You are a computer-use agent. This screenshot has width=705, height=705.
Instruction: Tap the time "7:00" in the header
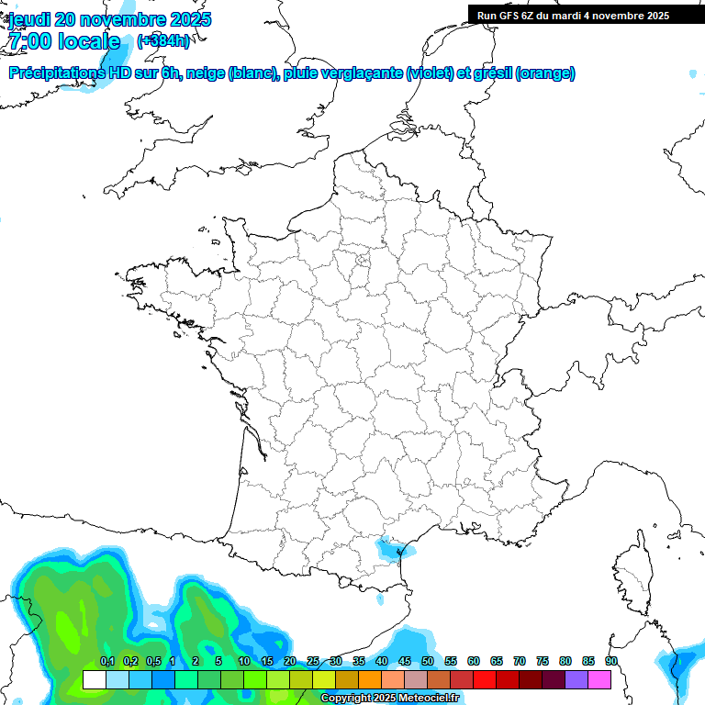pyautogui.click(x=30, y=41)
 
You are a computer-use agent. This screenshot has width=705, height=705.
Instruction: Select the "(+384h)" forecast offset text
pyautogui.click(x=163, y=41)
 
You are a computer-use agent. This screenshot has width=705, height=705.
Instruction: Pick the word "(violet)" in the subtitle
pyautogui.click(x=431, y=73)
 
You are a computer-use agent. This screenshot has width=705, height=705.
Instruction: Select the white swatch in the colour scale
pyautogui.click(x=94, y=679)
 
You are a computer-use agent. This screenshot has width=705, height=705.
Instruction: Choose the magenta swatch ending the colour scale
pyautogui.click(x=599, y=679)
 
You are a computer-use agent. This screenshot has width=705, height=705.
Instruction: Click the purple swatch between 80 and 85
pyautogui.click(x=576, y=679)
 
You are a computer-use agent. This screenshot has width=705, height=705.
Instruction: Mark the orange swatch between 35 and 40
pyautogui.click(x=370, y=679)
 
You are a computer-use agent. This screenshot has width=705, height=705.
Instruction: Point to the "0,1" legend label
pyautogui.click(x=107, y=662)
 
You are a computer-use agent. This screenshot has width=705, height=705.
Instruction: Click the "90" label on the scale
pyautogui.click(x=611, y=662)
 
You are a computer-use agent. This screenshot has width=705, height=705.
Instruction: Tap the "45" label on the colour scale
pyautogui.click(x=405, y=662)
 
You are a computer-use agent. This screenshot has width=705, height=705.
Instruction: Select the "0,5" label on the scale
pyautogui.click(x=153, y=662)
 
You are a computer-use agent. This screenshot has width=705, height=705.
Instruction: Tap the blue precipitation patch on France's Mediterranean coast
pyautogui.click(x=392, y=548)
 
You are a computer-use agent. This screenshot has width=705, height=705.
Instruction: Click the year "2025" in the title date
pyautogui.click(x=186, y=19)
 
